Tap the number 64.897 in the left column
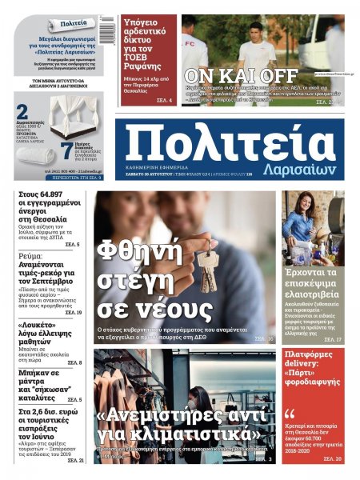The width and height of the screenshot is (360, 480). coord(62,194)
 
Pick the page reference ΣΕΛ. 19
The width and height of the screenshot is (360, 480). coord(73,312)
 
